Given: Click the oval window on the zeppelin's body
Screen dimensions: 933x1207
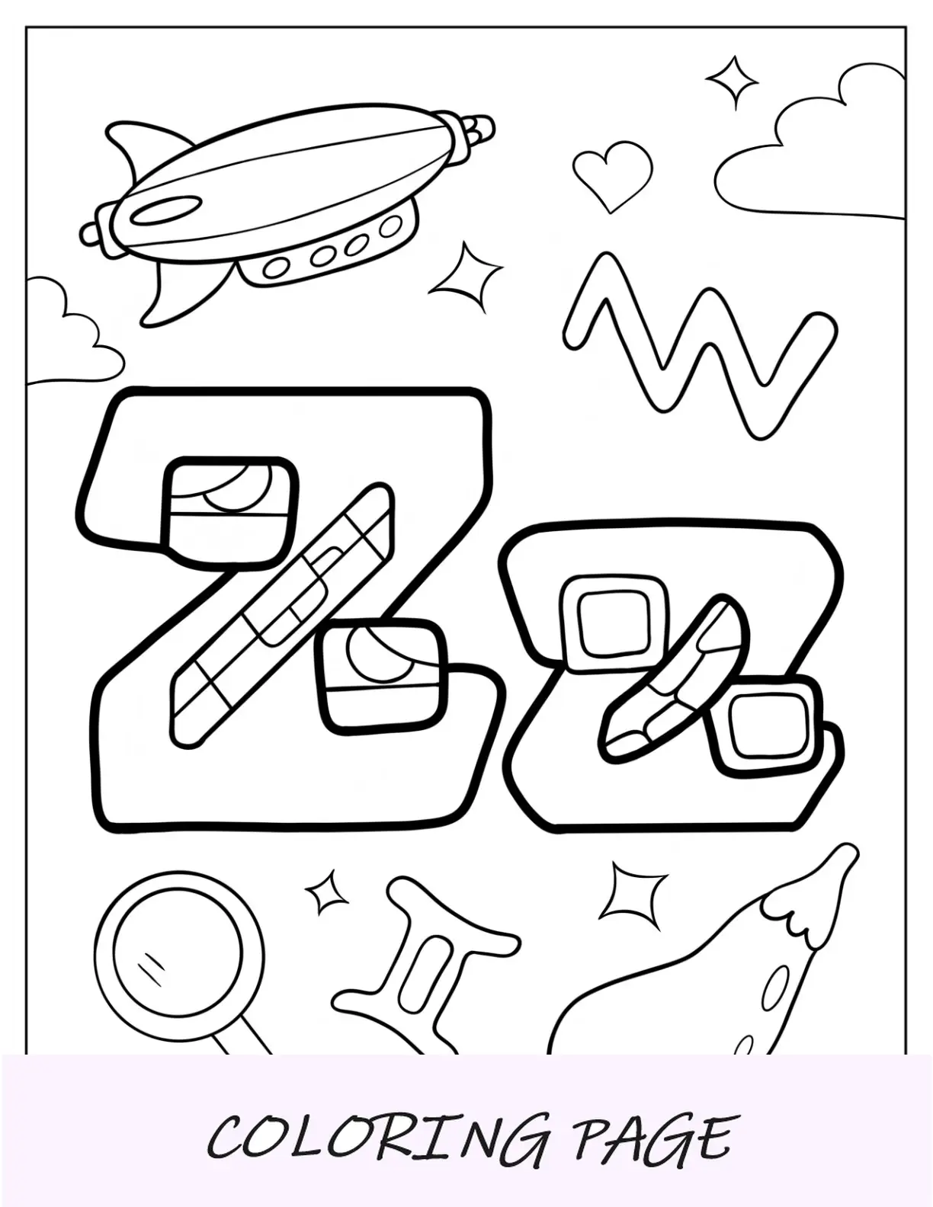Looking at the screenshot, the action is [x=167, y=210].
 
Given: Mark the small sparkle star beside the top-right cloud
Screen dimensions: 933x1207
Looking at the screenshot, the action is [x=733, y=82].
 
